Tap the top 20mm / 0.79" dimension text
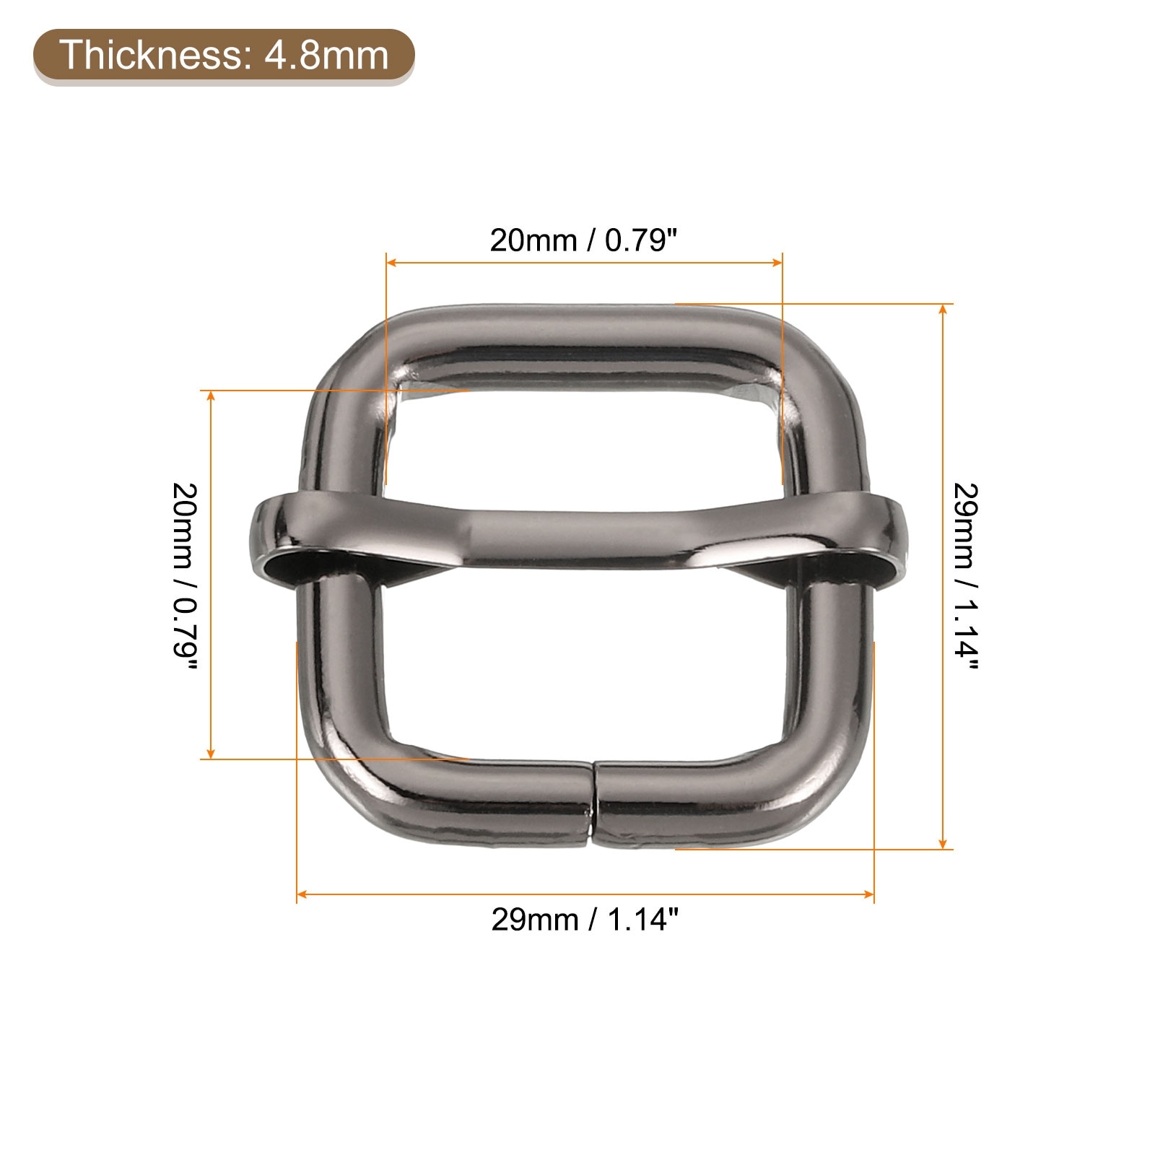pos(585,240)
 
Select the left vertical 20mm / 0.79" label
pos(184,575)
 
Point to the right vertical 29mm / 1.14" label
pos(965,575)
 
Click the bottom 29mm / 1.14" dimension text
pos(585,920)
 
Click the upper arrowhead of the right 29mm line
pos(943,309)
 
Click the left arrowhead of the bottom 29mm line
pos(302,894)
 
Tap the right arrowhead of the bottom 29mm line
pos(868,894)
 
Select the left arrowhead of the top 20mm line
pos(392,262)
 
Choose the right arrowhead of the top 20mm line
pos(777,262)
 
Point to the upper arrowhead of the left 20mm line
pos(211,396)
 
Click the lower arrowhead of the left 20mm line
pos(211,754)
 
